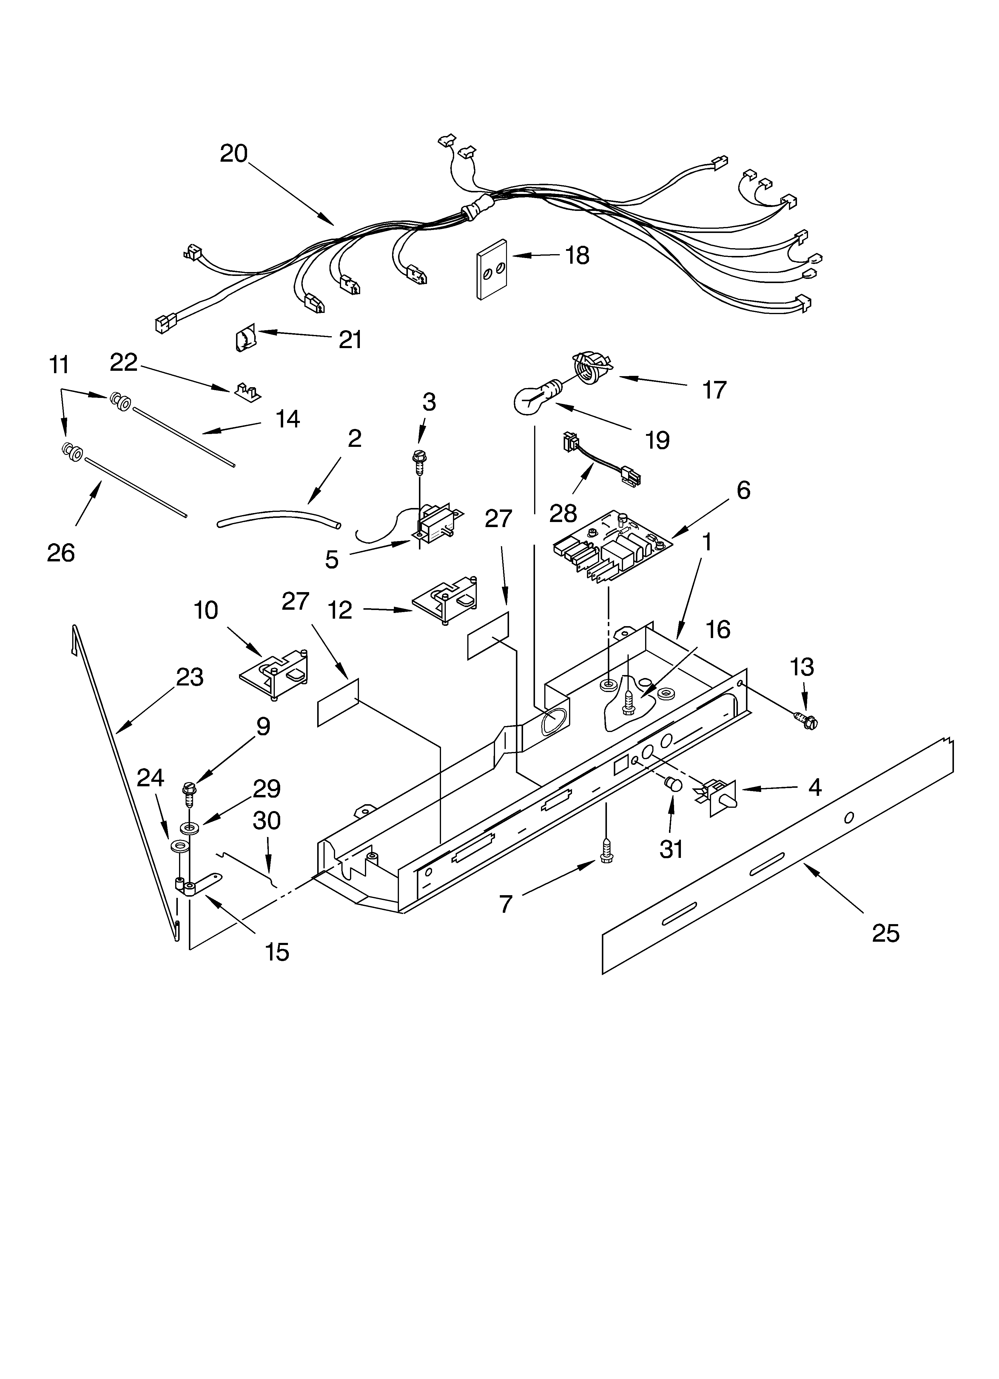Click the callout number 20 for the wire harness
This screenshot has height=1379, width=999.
pos(234,153)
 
